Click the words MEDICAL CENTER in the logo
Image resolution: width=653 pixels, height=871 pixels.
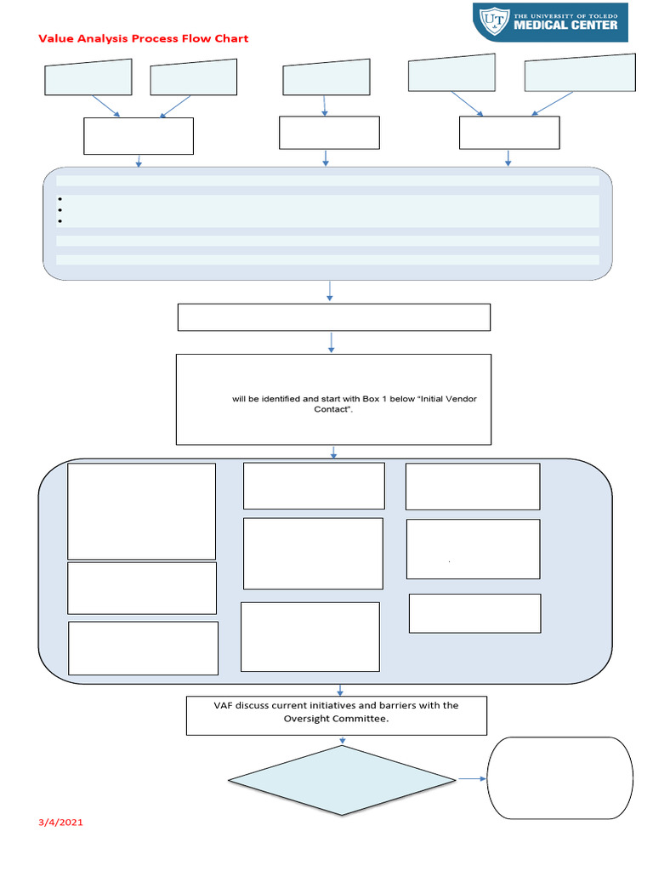[566, 25]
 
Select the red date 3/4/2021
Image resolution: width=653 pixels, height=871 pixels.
[61, 823]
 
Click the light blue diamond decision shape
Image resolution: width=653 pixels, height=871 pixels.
[343, 780]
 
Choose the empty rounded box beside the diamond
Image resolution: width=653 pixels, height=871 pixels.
[559, 777]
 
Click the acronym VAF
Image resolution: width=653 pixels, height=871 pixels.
[224, 705]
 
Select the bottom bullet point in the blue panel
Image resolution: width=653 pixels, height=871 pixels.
[61, 221]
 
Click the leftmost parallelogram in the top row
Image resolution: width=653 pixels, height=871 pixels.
[88, 77]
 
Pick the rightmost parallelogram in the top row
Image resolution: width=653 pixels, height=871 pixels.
[579, 72]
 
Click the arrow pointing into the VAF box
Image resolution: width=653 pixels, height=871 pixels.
[340, 690]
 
